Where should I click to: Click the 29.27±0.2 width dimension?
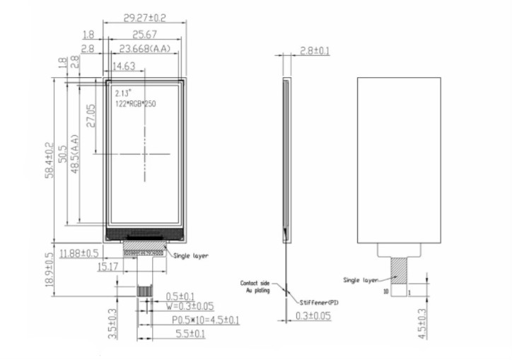point(145,18)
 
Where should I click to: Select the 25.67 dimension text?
point(144,34)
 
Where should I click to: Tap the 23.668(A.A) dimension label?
point(145,49)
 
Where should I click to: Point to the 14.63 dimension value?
point(124,66)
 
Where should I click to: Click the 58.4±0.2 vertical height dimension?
point(50,160)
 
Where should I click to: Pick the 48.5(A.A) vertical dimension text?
point(75,153)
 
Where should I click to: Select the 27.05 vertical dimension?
point(91,116)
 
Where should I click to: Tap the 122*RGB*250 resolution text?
point(136,104)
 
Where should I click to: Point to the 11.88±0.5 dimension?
point(79,253)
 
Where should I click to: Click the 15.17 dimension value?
point(107,267)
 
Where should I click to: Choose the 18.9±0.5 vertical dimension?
point(50,270)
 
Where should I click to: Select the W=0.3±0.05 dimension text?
point(190,306)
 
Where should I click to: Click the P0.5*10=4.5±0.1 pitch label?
point(205,320)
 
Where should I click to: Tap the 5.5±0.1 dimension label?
point(190,334)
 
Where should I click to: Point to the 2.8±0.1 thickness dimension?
point(315,51)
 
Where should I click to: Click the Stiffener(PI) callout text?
point(319,303)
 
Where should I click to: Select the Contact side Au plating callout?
point(255,286)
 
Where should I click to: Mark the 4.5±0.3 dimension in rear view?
point(422,324)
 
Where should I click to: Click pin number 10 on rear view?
point(386,291)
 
